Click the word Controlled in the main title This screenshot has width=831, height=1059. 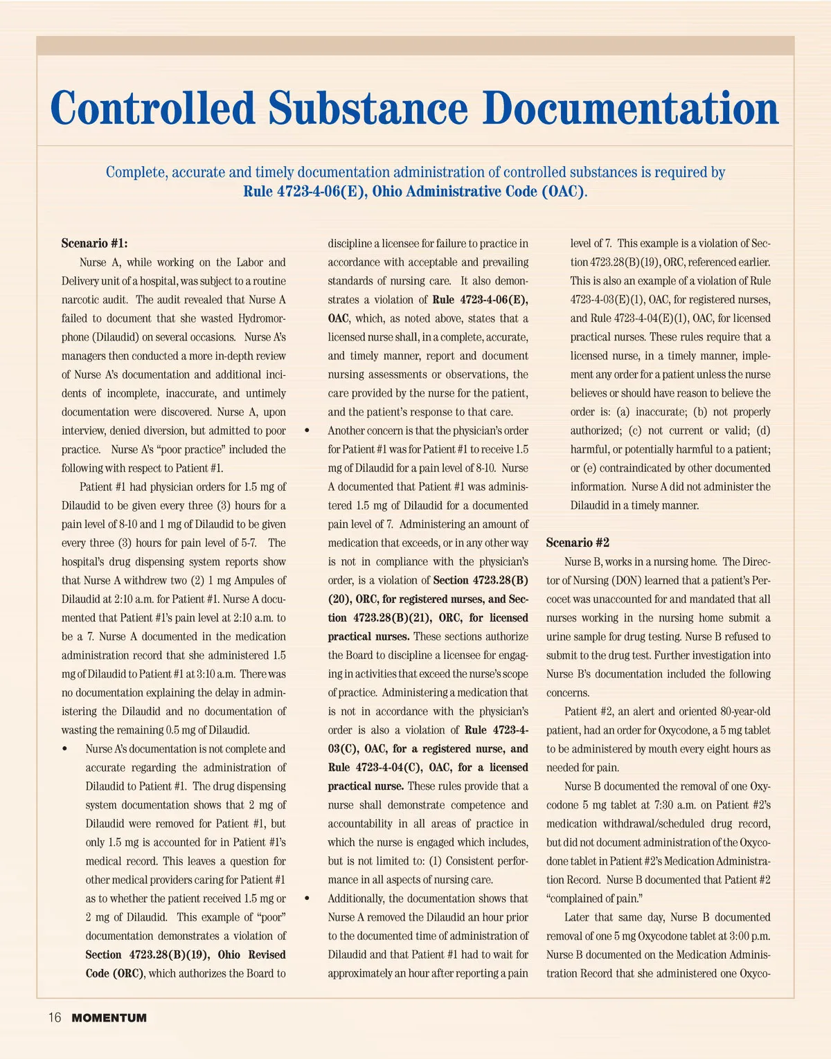(153, 109)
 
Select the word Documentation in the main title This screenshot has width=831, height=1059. (630, 109)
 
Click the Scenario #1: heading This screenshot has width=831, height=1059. (94, 243)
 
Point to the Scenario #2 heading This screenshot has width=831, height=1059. (578, 543)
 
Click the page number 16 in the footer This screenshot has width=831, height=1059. (55, 1017)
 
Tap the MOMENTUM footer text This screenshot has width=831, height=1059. (109, 1018)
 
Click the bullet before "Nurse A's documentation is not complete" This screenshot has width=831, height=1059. (65, 749)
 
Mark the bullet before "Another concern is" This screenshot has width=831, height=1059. (307, 431)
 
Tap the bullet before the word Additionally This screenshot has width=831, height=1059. (307, 898)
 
